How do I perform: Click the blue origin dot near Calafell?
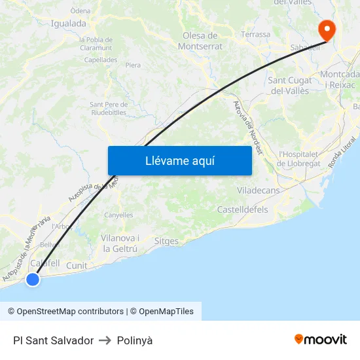pos(32,279)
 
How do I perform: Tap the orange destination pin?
pos(325,30)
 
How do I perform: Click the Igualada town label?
pos(68,24)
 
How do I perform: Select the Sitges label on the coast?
pos(166,241)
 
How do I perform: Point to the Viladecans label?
pos(259,190)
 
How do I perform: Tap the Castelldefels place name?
pos(242,209)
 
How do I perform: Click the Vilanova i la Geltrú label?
pos(120,243)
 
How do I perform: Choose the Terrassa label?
pos(255,35)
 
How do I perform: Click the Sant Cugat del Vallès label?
pos(290,85)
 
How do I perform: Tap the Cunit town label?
pos(77,266)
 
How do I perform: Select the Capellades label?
pos(101,60)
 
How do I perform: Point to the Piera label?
pos(133,65)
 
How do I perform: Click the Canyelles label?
pos(118,215)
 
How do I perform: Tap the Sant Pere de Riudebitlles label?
pos(108,108)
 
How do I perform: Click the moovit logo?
pos(321,339)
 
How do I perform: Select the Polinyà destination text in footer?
pos(135,340)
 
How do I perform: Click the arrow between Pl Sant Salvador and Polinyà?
pos(105,340)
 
